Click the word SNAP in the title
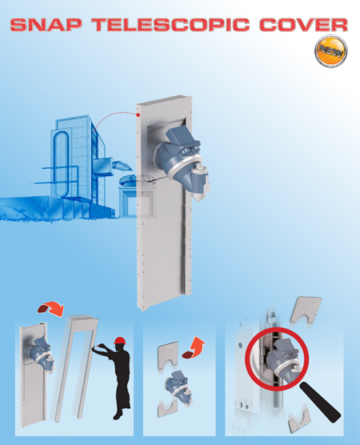pyautogui.click(x=46, y=24)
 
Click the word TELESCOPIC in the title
pyautogui.click(x=170, y=24)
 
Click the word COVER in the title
pyautogui.click(x=303, y=24)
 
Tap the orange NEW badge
pyautogui.click(x=330, y=51)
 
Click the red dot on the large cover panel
pyautogui.click(x=138, y=115)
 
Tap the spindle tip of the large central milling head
pyautogui.click(x=198, y=200)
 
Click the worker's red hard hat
pyautogui.click(x=119, y=341)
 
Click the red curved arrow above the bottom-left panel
pyautogui.click(x=51, y=309)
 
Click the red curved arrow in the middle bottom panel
pyautogui.click(x=194, y=348)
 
